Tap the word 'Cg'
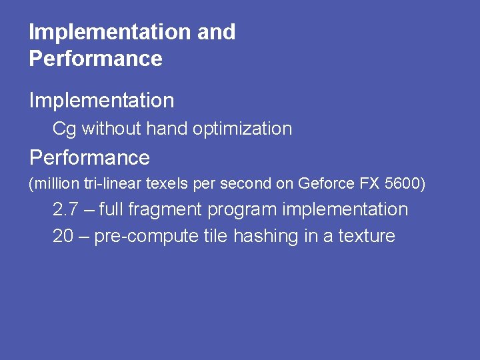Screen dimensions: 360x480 click(x=64, y=129)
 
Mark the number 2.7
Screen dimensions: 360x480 click(x=65, y=209)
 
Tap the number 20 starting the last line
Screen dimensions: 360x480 click(x=63, y=236)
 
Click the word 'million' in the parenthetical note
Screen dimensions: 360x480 click(x=50, y=183)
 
